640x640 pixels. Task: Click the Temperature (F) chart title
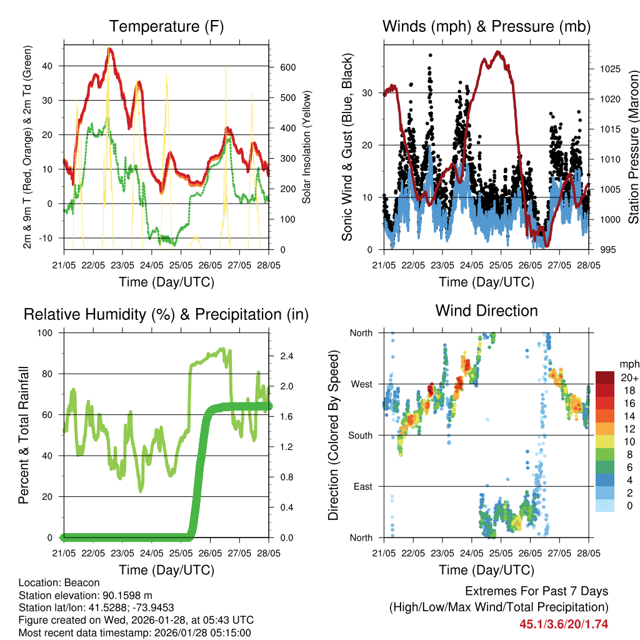click(166, 27)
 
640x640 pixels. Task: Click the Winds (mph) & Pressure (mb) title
click(486, 27)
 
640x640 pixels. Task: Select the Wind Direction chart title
click(486, 311)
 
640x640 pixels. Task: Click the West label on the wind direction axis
click(361, 384)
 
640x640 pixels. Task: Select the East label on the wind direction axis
click(362, 486)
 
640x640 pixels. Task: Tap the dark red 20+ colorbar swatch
click(605, 377)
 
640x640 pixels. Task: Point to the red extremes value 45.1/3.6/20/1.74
click(564, 624)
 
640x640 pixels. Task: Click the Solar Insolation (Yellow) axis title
click(307, 147)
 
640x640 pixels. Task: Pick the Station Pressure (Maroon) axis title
click(633, 147)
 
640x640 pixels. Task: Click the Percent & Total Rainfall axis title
click(24, 435)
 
